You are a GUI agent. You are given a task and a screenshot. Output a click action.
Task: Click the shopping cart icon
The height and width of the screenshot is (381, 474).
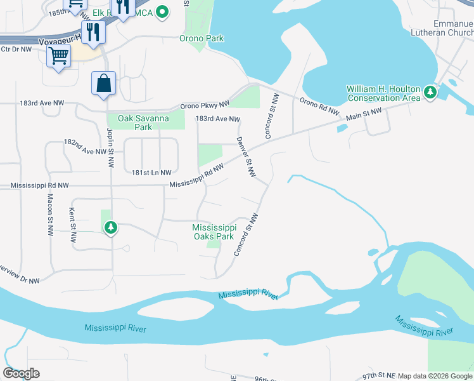pos(58,57)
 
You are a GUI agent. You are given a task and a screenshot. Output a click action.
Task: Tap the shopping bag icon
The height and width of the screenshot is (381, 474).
pos(103,83)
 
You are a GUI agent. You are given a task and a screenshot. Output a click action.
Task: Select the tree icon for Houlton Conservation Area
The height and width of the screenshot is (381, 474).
pos(430,93)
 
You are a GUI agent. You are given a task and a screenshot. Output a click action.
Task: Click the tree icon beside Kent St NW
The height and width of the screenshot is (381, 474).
pos(111,227)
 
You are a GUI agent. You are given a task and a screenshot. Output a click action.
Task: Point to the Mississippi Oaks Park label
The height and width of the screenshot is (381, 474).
pos(214,232)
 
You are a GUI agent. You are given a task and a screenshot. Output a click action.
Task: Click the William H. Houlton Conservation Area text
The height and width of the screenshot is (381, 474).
pos(383,93)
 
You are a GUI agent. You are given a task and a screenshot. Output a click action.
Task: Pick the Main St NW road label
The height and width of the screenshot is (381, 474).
pos(364,114)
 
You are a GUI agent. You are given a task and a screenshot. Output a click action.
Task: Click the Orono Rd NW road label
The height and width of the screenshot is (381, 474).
pos(319,104)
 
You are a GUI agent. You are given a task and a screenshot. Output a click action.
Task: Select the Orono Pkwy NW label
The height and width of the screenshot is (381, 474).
pos(205,105)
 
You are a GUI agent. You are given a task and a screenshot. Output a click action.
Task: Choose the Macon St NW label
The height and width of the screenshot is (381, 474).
pos(49,216)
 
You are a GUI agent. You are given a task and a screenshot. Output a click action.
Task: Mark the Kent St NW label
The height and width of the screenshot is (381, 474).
pos(73,226)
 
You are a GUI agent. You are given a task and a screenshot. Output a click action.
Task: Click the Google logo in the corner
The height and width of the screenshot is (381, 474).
pos(21,373)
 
